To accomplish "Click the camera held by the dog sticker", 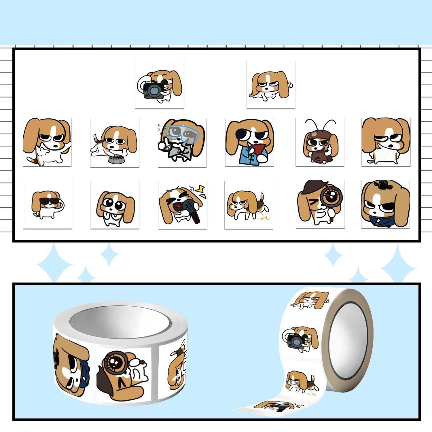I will [x=152, y=90].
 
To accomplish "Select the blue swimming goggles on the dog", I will [x=182, y=133].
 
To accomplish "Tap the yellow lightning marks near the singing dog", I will [x=201, y=191].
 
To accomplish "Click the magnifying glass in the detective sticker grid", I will [x=332, y=197].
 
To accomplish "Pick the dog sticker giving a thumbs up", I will [x=271, y=85].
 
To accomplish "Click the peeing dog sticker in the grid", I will [x=248, y=205].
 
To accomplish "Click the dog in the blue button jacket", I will [x=249, y=143].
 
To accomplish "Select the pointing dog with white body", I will [x=47, y=142].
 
